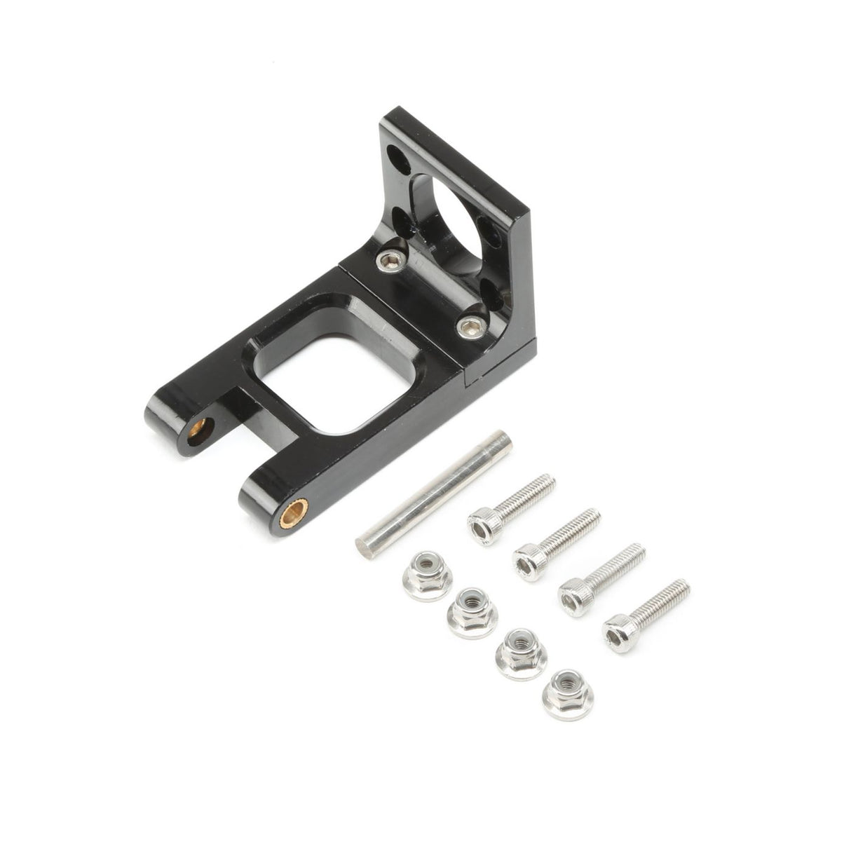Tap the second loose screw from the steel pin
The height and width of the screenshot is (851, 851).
coord(557,544)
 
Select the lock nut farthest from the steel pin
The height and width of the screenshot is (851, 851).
coord(567,694)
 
